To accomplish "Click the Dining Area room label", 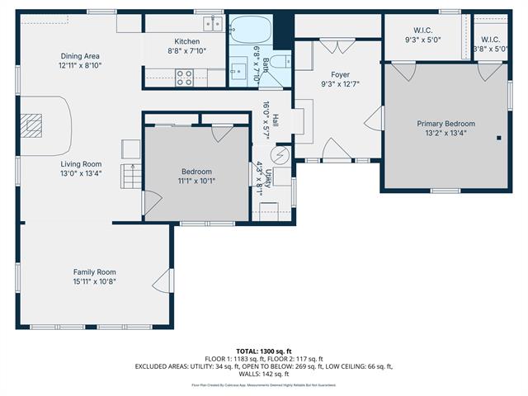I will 79,56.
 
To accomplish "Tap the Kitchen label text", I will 186,41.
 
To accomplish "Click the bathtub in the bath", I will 248,31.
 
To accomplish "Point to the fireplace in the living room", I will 32,125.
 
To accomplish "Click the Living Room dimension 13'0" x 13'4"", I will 79,173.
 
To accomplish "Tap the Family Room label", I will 94,271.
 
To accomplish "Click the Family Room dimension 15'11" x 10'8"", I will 94,281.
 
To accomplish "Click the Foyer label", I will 341,74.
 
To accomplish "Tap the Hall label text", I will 275,120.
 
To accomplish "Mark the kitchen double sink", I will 213,24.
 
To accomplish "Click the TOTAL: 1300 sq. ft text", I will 264,351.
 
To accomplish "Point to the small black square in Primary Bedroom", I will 498,138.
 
